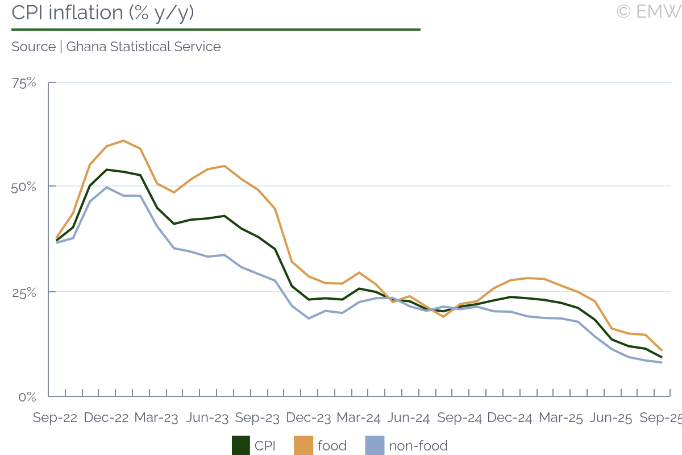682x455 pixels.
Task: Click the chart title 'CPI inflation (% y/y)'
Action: click(x=103, y=13)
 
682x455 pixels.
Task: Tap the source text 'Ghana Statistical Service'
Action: click(x=143, y=47)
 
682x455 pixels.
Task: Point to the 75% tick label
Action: click(x=24, y=83)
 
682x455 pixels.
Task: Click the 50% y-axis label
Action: click(x=24, y=187)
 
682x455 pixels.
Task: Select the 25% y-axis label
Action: click(x=24, y=292)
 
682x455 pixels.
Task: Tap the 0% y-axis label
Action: click(x=27, y=397)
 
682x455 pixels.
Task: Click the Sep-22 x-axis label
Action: click(x=55, y=418)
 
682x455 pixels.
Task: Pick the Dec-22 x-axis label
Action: click(x=106, y=418)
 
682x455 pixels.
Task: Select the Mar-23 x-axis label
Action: click(x=156, y=418)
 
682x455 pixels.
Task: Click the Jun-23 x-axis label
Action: click(x=207, y=418)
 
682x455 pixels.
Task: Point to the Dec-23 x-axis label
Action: click(x=308, y=418)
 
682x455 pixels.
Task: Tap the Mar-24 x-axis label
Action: click(x=359, y=418)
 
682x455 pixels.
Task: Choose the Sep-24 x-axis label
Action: click(x=460, y=418)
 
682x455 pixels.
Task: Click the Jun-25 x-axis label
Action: click(x=611, y=418)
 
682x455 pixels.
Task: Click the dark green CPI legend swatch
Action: click(x=241, y=445)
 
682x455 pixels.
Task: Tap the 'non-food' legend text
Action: click(x=418, y=446)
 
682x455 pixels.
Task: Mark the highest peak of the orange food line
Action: click(x=123, y=140)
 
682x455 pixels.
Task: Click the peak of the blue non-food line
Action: click(x=107, y=187)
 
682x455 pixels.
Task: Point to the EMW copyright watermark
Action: click(x=648, y=11)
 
